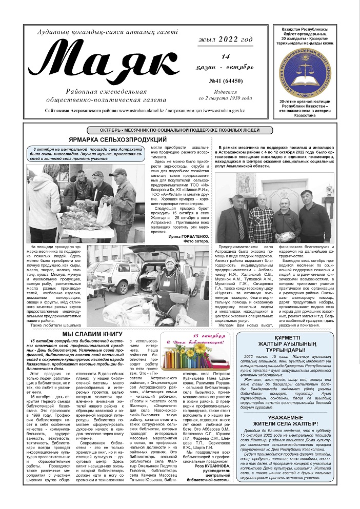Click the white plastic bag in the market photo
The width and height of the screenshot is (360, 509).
click(104, 210)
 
